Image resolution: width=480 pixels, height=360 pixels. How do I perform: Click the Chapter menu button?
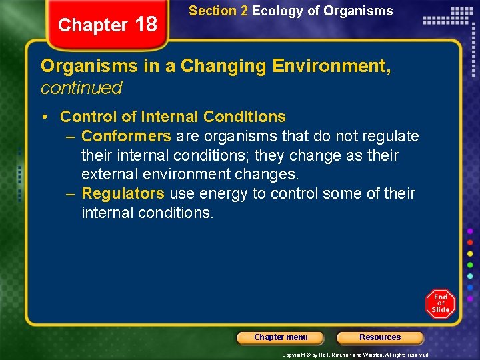click(x=281, y=337)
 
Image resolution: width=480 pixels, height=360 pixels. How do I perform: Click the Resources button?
click(x=380, y=337)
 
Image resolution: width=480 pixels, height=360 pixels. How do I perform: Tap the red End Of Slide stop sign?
click(x=441, y=304)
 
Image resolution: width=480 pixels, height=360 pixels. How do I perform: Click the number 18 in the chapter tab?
click(x=145, y=25)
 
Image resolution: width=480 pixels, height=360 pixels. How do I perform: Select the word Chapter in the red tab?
click(x=93, y=25)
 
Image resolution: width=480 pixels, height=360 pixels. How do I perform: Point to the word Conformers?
click(x=126, y=136)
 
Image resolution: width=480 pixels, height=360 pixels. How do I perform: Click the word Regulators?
click(x=123, y=193)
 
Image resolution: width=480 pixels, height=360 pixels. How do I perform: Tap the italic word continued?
click(x=81, y=87)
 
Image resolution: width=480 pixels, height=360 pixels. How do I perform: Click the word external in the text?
click(x=108, y=174)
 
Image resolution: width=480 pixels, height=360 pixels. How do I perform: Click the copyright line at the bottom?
click(x=356, y=355)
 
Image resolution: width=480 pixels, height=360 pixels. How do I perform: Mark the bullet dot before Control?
click(x=43, y=117)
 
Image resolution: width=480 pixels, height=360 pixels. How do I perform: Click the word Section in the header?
click(x=213, y=11)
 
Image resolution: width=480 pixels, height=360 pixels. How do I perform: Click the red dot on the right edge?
click(x=471, y=242)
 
